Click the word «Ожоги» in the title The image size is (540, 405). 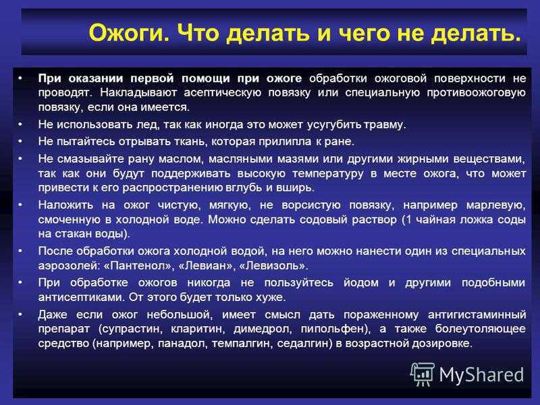[x=129, y=33]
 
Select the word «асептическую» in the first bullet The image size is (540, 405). [x=223, y=93]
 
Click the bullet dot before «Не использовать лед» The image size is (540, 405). [x=20, y=124]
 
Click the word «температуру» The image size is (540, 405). [x=328, y=173]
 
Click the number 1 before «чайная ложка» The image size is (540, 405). [x=409, y=219]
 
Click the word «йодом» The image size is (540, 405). [x=361, y=283]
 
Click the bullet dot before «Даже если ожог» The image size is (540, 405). [x=20, y=314]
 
